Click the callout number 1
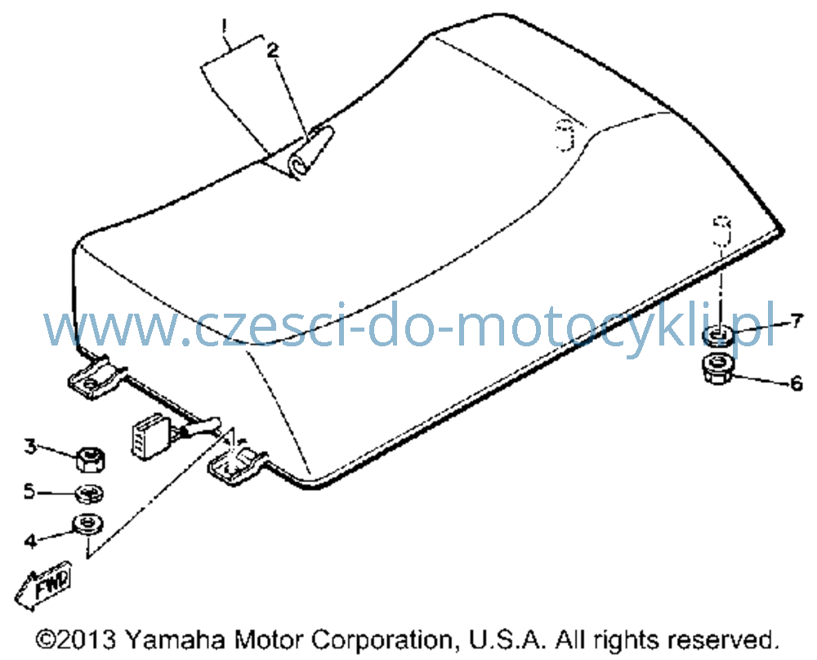tap(225, 26)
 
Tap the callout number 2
tap(273, 50)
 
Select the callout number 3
tap(31, 447)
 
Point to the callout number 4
tap(31, 541)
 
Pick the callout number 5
tap(30, 491)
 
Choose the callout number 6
tap(797, 383)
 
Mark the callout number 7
tap(797, 321)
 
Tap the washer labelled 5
tap(90, 494)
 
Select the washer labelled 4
tap(89, 523)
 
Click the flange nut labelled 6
tap(719, 368)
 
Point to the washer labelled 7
tap(718, 335)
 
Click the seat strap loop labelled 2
tap(311, 151)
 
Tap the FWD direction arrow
tap(43, 585)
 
